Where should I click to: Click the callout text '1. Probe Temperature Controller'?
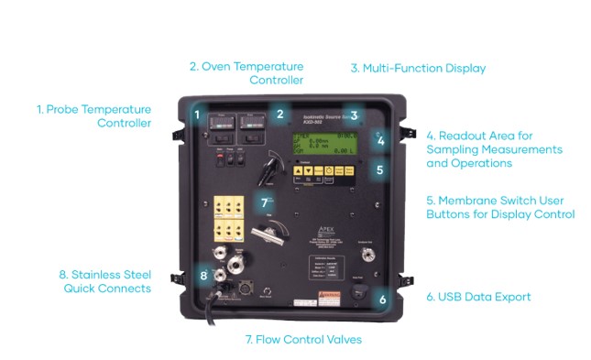click(93, 115)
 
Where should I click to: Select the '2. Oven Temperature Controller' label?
click(246, 73)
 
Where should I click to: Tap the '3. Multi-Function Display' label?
click(418, 68)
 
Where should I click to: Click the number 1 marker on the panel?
click(196, 115)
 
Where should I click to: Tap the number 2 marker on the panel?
click(279, 114)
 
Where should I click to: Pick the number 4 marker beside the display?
click(382, 141)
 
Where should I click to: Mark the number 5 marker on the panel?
click(381, 169)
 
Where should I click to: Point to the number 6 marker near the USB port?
click(382, 299)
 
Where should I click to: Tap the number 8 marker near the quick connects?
click(203, 275)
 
